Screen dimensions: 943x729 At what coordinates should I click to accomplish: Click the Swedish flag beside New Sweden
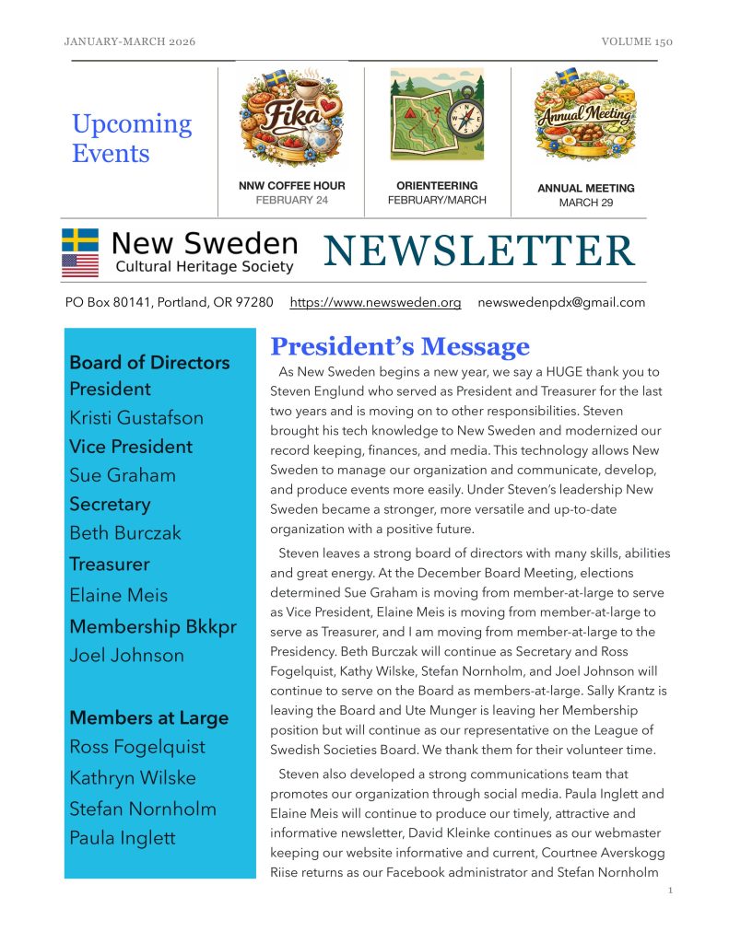[80, 240]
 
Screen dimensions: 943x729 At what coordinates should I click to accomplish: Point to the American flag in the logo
[80, 265]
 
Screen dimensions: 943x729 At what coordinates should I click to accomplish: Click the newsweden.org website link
[375, 302]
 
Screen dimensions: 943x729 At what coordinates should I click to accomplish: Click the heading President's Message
[399, 346]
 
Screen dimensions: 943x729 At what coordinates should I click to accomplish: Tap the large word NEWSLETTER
[478, 251]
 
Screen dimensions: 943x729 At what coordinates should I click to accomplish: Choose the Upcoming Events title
[132, 138]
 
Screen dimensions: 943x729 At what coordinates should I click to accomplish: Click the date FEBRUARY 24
[291, 200]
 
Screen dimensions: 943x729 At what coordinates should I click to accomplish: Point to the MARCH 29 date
[585, 203]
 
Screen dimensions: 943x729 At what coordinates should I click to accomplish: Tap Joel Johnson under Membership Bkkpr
[126, 656]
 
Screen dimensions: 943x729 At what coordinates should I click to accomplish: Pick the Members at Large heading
[148, 717]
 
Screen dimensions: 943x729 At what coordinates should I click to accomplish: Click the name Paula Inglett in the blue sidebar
[122, 838]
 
